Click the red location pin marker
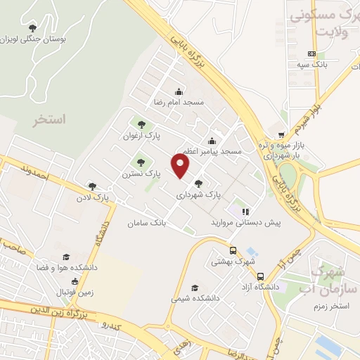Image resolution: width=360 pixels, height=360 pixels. pos(181,167)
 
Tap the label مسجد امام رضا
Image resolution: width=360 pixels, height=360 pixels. pos(179,103)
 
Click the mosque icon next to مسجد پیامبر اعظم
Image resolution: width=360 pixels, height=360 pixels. pos(212,140)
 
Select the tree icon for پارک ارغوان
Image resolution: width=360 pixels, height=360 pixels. pos(142,124)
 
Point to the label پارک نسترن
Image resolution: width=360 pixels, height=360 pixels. pos(137,173)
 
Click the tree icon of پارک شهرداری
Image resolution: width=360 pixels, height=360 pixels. pos(199,183)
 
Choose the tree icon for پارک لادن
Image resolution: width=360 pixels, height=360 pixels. pos(92,186)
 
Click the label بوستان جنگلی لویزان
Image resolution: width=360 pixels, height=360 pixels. pos(34,40)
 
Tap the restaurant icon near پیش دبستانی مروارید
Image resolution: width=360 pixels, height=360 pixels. pos(245,211)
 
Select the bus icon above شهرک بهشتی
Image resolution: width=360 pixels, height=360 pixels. pos(233,250)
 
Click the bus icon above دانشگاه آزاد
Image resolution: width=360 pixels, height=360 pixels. pos(260,276)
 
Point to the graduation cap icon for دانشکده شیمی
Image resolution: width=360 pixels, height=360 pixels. pos(194,287)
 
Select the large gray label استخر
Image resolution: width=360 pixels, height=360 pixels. pos(49,120)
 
